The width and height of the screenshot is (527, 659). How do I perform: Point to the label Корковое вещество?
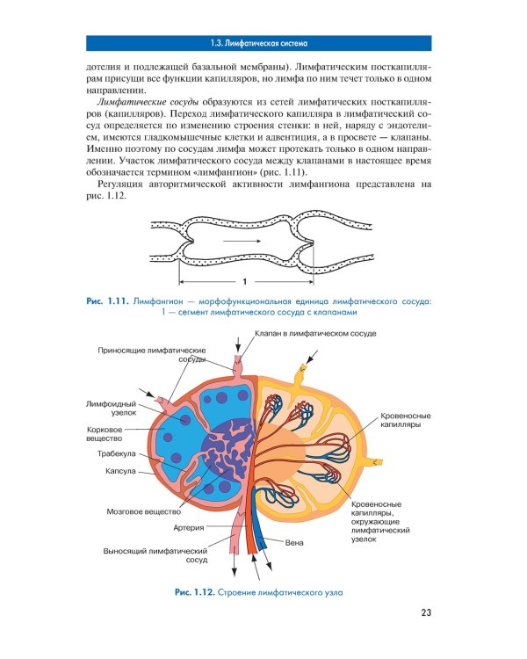pos(105,433)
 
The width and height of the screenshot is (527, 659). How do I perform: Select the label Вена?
pos(294,542)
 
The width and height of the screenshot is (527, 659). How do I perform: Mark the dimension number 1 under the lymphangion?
pos(244,282)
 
